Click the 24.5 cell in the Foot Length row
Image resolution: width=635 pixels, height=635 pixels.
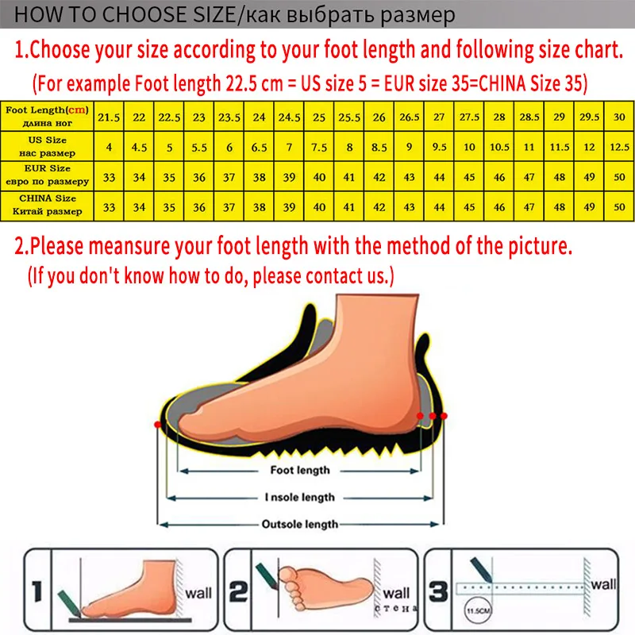(289, 117)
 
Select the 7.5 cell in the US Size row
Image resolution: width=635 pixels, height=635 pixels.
(319, 147)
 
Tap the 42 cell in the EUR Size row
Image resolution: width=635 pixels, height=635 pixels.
(379, 176)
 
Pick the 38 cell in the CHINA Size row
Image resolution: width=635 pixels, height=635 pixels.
(259, 206)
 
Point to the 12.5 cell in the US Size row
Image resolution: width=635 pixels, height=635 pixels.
(619, 147)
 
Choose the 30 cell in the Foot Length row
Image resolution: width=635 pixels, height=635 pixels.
(619, 117)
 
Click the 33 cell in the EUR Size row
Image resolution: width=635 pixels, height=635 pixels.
(108, 176)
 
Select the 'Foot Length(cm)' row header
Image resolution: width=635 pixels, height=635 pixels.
(46, 116)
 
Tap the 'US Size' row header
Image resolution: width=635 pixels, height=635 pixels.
(46, 146)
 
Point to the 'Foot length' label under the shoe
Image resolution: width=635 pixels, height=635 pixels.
(299, 471)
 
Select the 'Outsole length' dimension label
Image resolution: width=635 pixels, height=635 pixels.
(299, 525)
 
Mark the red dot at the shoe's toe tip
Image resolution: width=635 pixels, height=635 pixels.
(158, 426)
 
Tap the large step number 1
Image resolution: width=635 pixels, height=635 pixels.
(37, 591)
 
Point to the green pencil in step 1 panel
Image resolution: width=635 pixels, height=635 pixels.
(67, 598)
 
